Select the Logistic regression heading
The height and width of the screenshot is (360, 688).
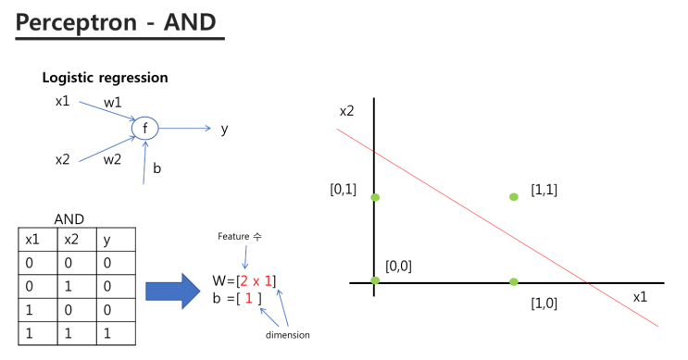(x=105, y=78)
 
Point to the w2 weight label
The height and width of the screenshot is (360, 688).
(x=112, y=159)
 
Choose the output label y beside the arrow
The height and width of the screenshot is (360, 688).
(x=224, y=129)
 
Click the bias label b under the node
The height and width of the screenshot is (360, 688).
(x=156, y=169)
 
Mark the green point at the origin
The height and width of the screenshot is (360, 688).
(x=374, y=280)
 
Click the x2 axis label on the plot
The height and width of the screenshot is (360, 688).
(x=346, y=111)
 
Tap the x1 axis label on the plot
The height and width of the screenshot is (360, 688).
(x=640, y=296)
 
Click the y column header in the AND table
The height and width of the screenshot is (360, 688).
(x=106, y=240)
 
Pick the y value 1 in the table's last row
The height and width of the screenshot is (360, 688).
(x=106, y=331)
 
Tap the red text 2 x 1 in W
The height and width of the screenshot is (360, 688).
(x=256, y=280)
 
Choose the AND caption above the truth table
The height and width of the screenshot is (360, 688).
(x=69, y=220)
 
